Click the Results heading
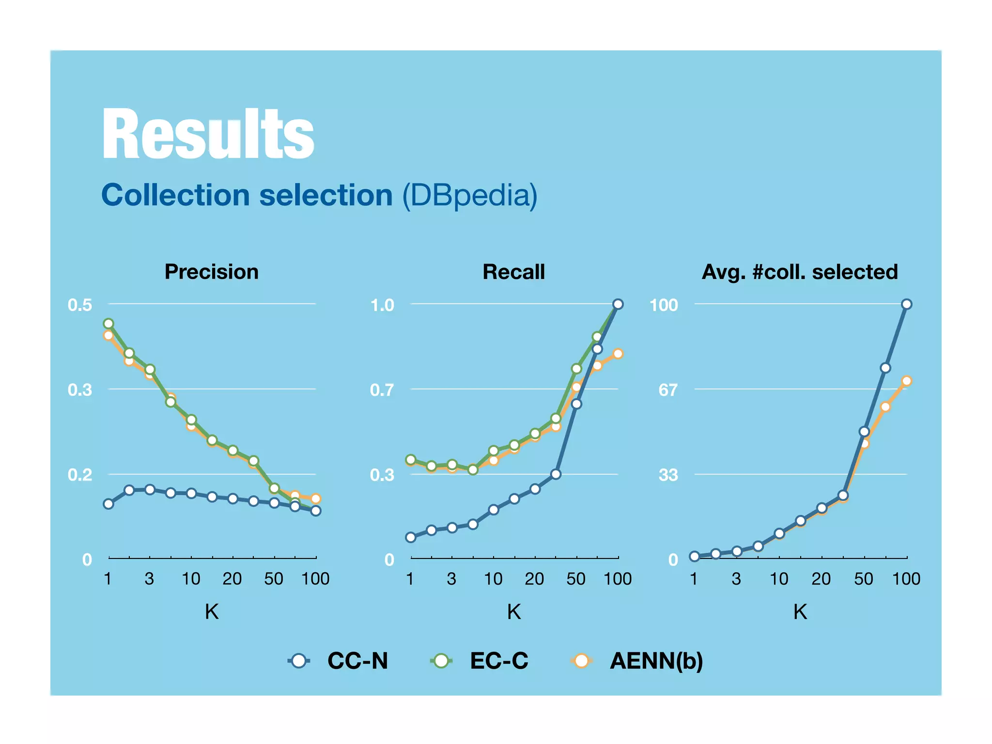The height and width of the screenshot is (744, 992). point(208,134)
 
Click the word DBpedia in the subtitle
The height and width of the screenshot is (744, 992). point(470,195)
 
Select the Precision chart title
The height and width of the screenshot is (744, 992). point(212,272)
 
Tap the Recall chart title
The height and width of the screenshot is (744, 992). point(513,272)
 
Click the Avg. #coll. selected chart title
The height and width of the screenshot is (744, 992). point(800,272)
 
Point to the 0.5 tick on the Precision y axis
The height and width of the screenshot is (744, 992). point(80,305)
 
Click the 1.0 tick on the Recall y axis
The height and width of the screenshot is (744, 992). point(382,305)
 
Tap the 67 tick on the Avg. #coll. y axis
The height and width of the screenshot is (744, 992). point(668,389)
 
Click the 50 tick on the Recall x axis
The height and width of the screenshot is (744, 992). point(576,579)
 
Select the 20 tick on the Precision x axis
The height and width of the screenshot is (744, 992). point(232,579)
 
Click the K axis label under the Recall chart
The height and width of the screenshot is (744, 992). point(513,612)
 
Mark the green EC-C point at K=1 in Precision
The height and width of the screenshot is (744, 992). point(108,324)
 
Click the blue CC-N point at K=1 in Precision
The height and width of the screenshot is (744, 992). point(108,504)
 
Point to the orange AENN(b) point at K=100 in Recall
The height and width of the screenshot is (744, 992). point(618,354)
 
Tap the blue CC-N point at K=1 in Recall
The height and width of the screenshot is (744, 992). point(411,537)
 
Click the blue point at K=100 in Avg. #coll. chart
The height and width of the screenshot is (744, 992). point(907,304)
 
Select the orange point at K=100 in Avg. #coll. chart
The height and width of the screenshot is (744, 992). point(907,381)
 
